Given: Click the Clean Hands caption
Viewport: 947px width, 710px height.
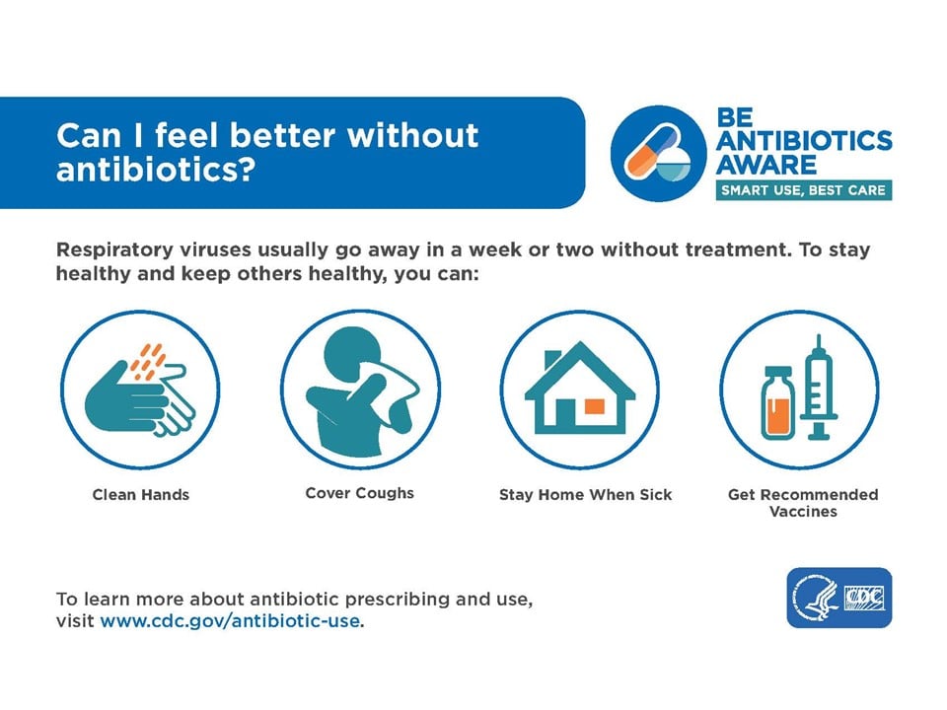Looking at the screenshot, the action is (141, 494).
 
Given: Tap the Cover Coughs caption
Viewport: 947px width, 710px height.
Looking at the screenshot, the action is (359, 493).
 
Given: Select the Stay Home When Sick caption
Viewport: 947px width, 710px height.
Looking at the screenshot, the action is (585, 494).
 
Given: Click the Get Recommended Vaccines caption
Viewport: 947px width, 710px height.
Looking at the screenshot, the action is (803, 503).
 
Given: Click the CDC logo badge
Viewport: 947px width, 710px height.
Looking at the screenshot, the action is (838, 598).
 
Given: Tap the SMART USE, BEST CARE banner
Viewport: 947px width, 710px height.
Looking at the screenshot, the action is (803, 190).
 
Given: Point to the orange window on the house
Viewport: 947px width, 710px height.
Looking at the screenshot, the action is (594, 406).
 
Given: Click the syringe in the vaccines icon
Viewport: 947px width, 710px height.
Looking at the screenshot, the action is (819, 387).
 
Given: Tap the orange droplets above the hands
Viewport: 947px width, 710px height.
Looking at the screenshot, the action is (148, 361).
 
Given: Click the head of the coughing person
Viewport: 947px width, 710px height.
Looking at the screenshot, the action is (351, 351).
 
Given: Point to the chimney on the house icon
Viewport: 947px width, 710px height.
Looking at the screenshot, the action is (552, 360).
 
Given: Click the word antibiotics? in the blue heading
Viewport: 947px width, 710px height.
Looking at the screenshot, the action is (156, 170).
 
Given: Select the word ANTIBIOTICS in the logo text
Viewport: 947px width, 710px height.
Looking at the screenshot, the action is (804, 140).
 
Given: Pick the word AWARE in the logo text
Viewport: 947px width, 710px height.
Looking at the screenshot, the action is (766, 165).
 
